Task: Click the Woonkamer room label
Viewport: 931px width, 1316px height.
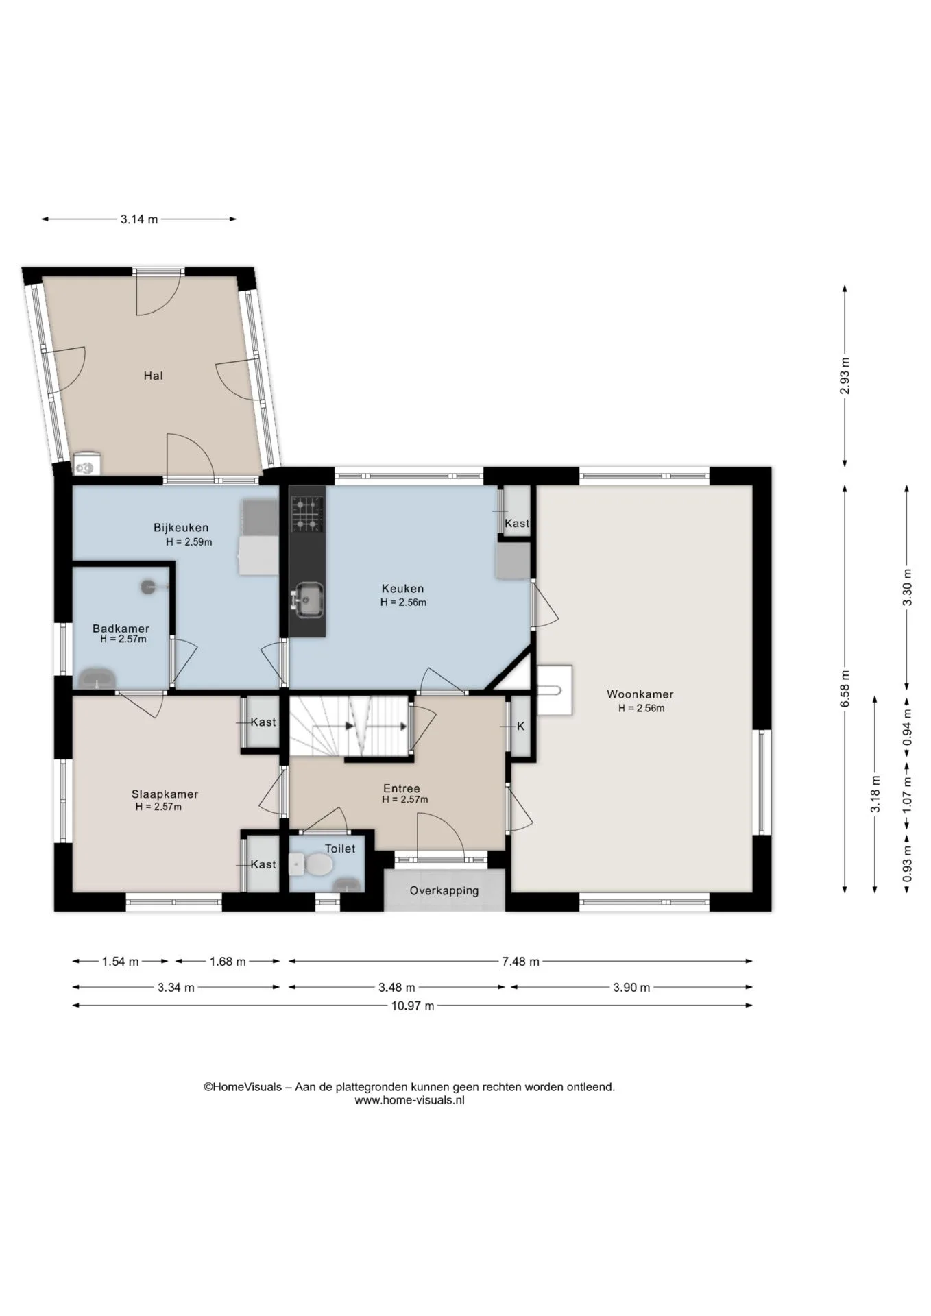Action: tap(640, 694)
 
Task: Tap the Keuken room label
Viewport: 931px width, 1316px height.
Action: tap(402, 588)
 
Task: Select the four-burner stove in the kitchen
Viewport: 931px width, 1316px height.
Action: tap(307, 514)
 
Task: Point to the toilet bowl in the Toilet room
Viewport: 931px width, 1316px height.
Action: tap(318, 865)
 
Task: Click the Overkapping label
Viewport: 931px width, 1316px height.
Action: tap(444, 890)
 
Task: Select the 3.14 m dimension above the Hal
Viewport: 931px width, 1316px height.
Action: tap(139, 219)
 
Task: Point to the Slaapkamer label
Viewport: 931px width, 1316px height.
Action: tap(165, 794)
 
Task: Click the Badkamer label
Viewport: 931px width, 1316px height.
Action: tap(121, 628)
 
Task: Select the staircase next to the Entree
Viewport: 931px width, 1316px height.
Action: tap(350, 727)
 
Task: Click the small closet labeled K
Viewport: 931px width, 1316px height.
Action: tap(521, 727)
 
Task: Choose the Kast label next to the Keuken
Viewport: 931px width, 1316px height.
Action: tap(517, 523)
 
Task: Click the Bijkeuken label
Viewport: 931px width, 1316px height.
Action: tap(181, 528)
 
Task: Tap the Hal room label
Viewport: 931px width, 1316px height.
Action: tap(153, 376)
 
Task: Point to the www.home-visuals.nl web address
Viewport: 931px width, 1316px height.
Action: tap(409, 1100)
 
